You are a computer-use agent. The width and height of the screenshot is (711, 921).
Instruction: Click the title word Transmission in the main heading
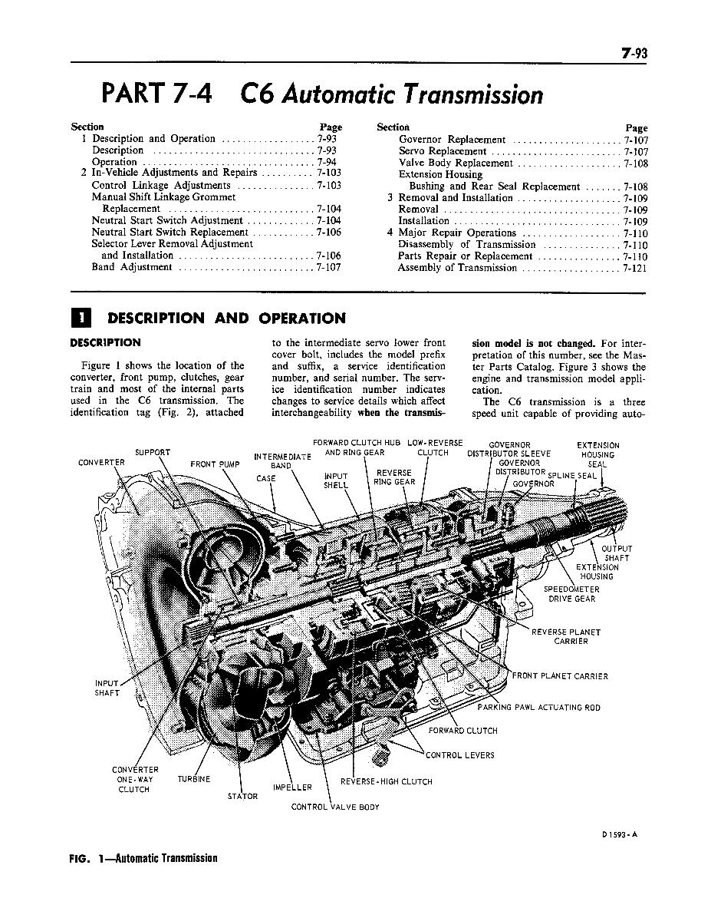tap(469, 94)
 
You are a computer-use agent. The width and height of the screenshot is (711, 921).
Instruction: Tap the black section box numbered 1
tap(81, 318)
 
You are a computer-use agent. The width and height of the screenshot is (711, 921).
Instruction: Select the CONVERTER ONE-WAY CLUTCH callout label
tap(135, 779)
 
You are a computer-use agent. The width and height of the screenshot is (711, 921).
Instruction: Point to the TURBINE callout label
tap(194, 778)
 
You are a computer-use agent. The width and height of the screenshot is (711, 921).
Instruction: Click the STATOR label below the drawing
tap(242, 796)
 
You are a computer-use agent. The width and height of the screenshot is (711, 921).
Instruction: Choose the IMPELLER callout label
tap(292, 787)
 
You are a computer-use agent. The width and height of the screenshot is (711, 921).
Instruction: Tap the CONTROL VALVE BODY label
tap(335, 807)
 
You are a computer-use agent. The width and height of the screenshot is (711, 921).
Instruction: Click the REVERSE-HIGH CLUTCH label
tap(387, 781)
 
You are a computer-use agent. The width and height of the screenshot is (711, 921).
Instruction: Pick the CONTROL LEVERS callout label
tap(460, 754)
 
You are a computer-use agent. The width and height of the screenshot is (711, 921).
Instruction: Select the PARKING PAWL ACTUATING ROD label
tap(538, 707)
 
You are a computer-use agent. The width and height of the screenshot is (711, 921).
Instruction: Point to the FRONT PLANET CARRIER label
tap(560, 676)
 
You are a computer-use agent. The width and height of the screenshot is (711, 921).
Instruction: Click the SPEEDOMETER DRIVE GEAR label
tap(571, 594)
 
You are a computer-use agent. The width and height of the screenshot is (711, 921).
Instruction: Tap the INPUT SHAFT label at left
tap(107, 688)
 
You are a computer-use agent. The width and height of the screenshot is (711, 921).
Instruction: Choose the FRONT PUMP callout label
tap(216, 464)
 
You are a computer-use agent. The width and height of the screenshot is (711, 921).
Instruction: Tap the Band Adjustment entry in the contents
tap(131, 267)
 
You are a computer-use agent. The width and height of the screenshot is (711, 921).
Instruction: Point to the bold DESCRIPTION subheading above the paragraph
tap(105, 342)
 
